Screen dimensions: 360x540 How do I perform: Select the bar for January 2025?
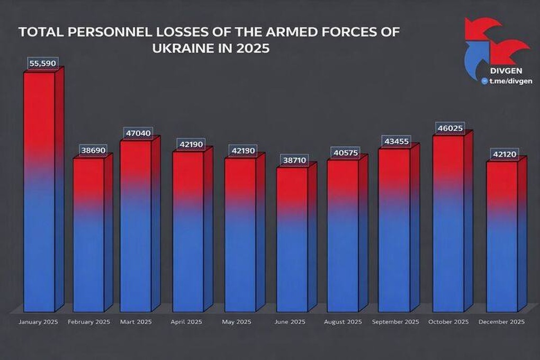(x=40, y=191)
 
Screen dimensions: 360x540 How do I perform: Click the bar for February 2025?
(x=88, y=233)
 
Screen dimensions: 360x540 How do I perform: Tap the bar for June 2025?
(x=292, y=238)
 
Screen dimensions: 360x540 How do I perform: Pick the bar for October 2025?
(x=448, y=222)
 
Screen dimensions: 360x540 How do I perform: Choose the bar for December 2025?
(x=502, y=236)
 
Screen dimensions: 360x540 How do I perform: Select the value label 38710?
(x=293, y=159)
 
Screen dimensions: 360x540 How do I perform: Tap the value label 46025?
(x=450, y=128)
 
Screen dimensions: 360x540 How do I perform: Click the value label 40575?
(x=345, y=152)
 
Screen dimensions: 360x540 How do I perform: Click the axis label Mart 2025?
(x=136, y=322)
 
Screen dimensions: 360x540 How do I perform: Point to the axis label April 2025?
(x=186, y=322)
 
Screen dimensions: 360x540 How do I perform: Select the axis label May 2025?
(x=237, y=322)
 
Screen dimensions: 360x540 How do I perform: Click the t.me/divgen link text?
(x=510, y=81)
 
